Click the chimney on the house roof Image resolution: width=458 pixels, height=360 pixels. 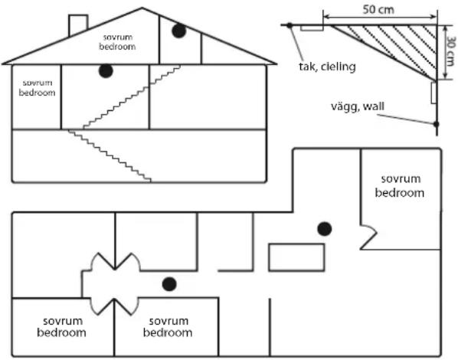pos(78,25)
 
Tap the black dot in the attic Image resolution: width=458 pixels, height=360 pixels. pos(178,31)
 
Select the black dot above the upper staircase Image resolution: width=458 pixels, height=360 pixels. pos(106,70)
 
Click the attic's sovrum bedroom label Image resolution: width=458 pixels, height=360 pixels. pos(117,42)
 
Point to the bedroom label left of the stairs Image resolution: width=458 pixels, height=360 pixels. pos(37,87)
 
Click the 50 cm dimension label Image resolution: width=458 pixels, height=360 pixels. pos(378,10)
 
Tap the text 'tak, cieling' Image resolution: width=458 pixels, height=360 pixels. pos(327,67)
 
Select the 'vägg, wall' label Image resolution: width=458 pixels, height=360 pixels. pos(358,106)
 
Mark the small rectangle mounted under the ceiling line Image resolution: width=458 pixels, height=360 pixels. pos(312,28)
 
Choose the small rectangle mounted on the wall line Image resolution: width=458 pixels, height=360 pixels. pos(433,93)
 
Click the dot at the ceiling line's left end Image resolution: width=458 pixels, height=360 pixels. pos(290,25)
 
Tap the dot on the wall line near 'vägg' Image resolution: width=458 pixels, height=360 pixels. pos(437,124)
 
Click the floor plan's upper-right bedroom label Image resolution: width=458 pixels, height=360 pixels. pos(400,186)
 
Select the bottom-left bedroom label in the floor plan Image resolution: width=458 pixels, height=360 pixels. pos(61,327)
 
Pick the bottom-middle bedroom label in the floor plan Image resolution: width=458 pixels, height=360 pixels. pos(168,327)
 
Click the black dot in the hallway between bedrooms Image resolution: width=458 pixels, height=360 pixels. pos(169,284)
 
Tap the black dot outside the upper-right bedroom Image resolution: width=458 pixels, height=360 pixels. pos(325,229)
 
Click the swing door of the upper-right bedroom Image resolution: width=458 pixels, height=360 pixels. pos(368,237)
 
